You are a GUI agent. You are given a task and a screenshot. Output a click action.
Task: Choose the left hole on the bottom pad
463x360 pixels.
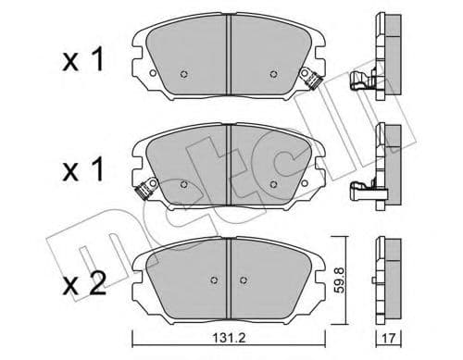point(215,279)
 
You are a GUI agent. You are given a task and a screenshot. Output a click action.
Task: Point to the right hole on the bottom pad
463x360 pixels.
point(243,279)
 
